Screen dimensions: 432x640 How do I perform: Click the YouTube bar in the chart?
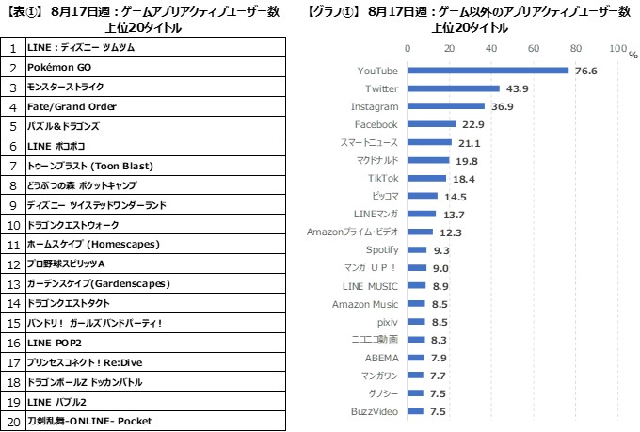click(488, 71)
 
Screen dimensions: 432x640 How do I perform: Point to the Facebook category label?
click(376, 124)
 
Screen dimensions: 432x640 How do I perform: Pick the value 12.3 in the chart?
click(450, 232)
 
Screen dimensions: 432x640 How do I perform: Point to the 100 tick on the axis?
click(617, 48)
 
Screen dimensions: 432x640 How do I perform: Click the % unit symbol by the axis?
click(632, 54)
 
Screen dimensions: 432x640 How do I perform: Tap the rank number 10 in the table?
click(13, 225)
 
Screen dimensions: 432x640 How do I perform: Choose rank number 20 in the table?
click(13, 421)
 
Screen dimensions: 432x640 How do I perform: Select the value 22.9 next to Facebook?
click(472, 124)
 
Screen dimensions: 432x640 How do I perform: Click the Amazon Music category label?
click(365, 304)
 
